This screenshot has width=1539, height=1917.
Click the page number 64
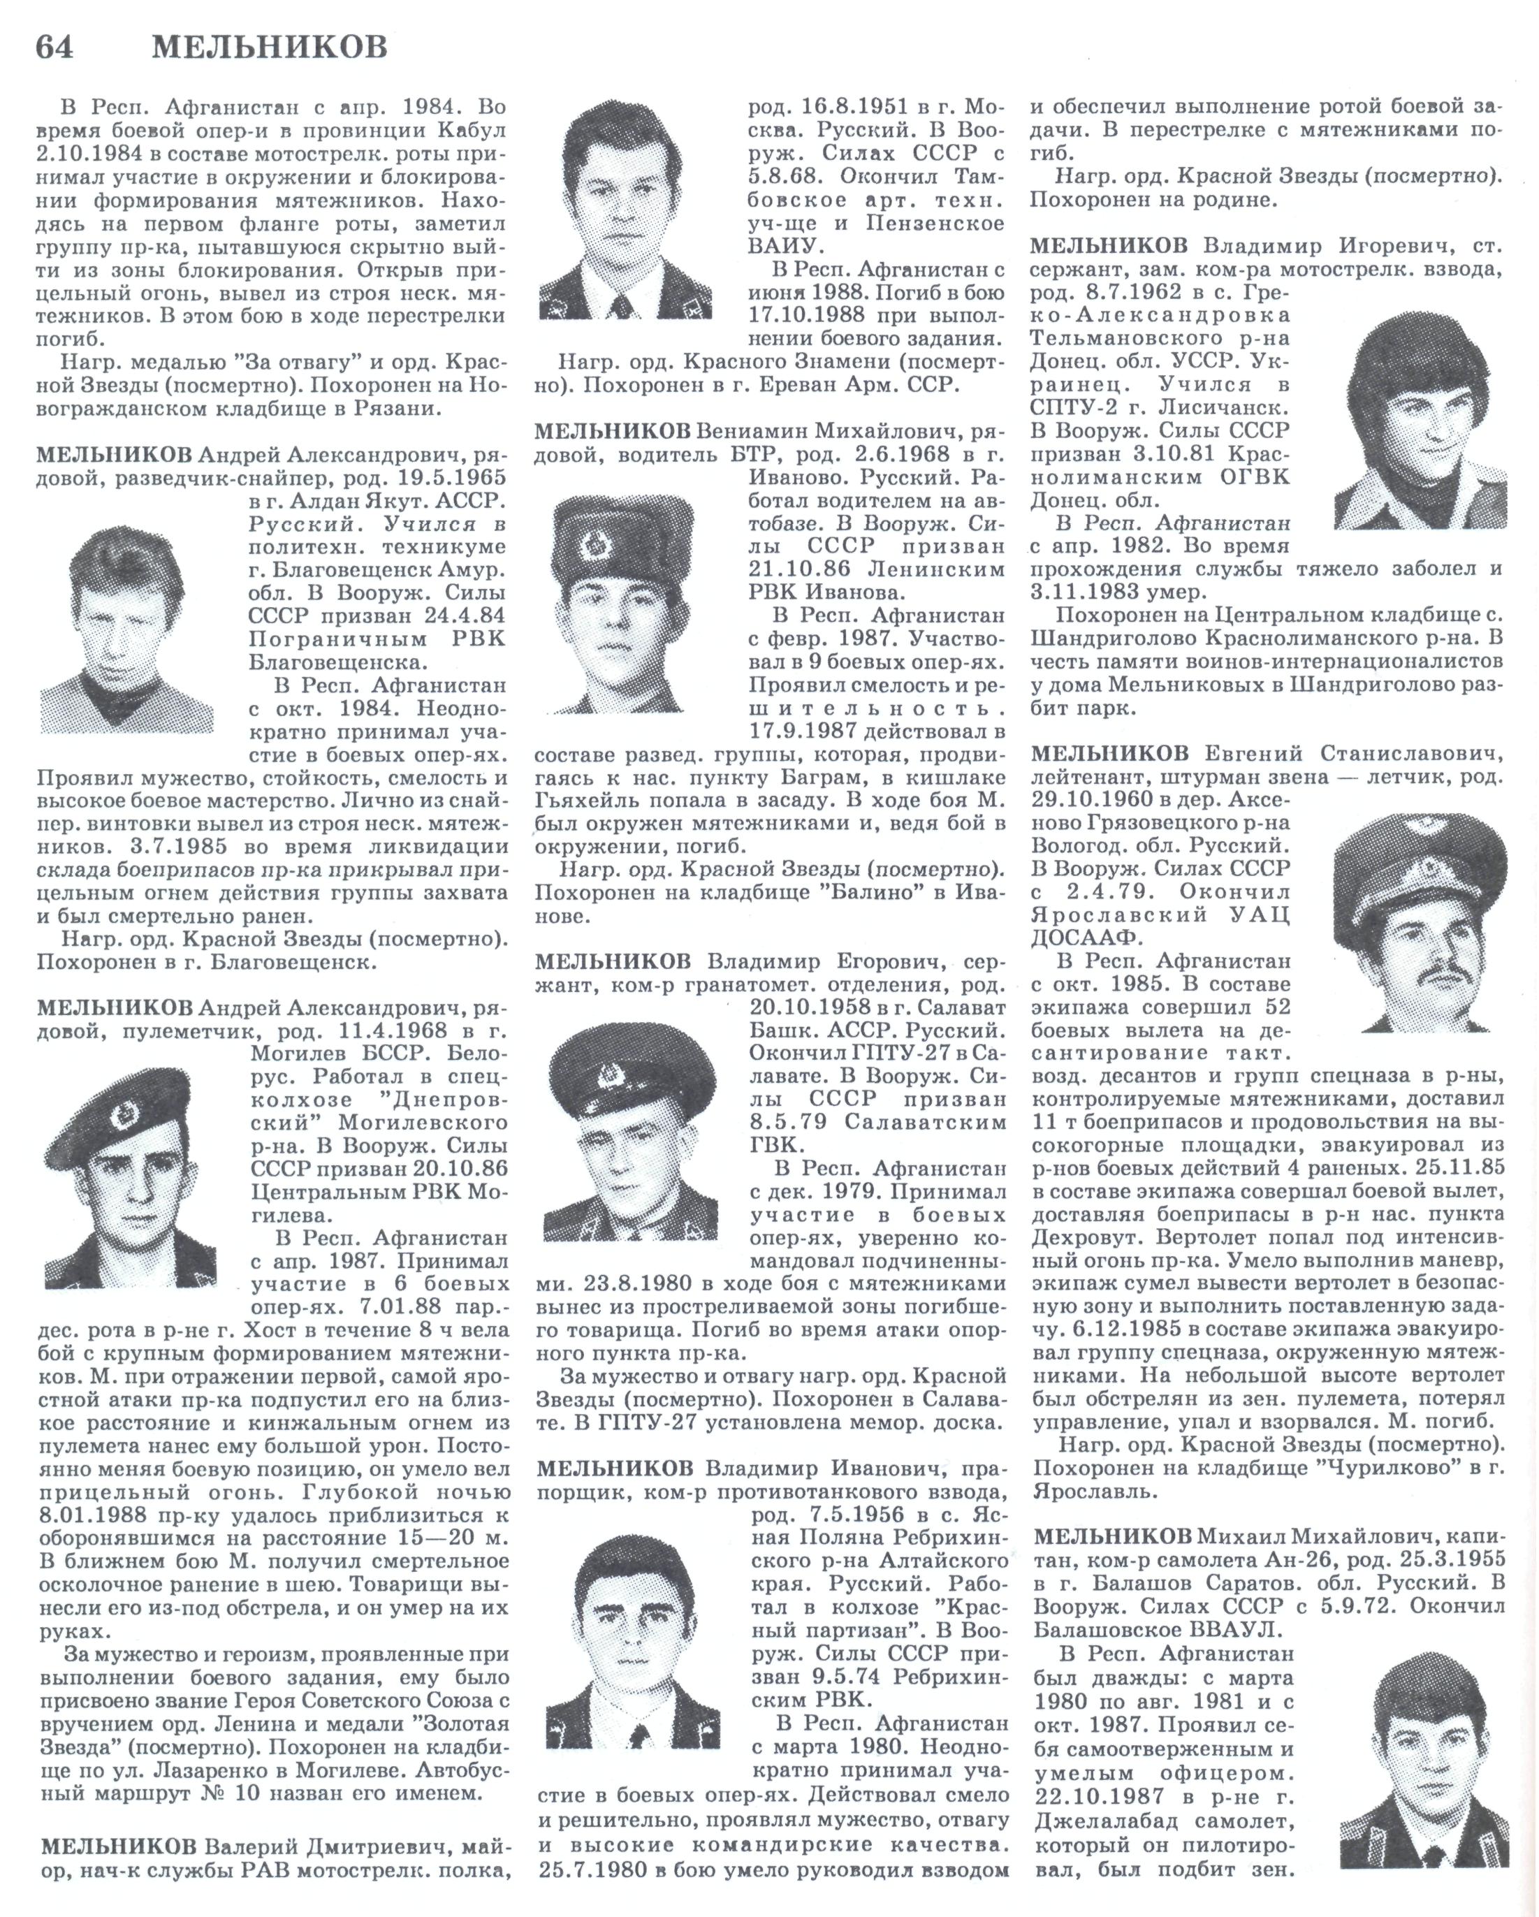tap(54, 46)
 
